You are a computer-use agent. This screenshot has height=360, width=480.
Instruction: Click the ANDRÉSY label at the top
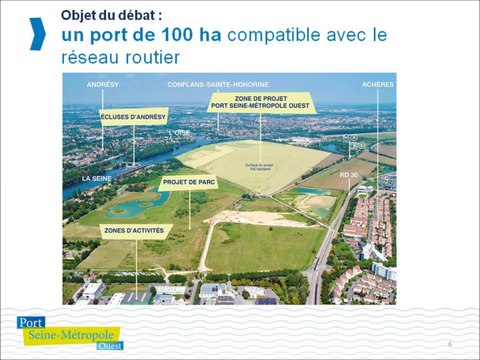tap(103, 85)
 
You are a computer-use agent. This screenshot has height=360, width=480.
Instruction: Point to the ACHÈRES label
tap(378, 85)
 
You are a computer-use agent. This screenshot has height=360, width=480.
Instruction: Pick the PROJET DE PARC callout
tap(187, 183)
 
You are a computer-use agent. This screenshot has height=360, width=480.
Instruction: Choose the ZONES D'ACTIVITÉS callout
tap(130, 229)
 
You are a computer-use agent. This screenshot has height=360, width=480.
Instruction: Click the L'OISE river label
tap(178, 132)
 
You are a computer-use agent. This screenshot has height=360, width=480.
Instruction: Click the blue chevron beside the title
tap(38, 32)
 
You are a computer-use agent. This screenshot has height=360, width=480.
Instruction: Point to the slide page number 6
tap(450, 344)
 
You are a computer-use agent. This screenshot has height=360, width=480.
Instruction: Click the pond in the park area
tap(140, 206)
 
